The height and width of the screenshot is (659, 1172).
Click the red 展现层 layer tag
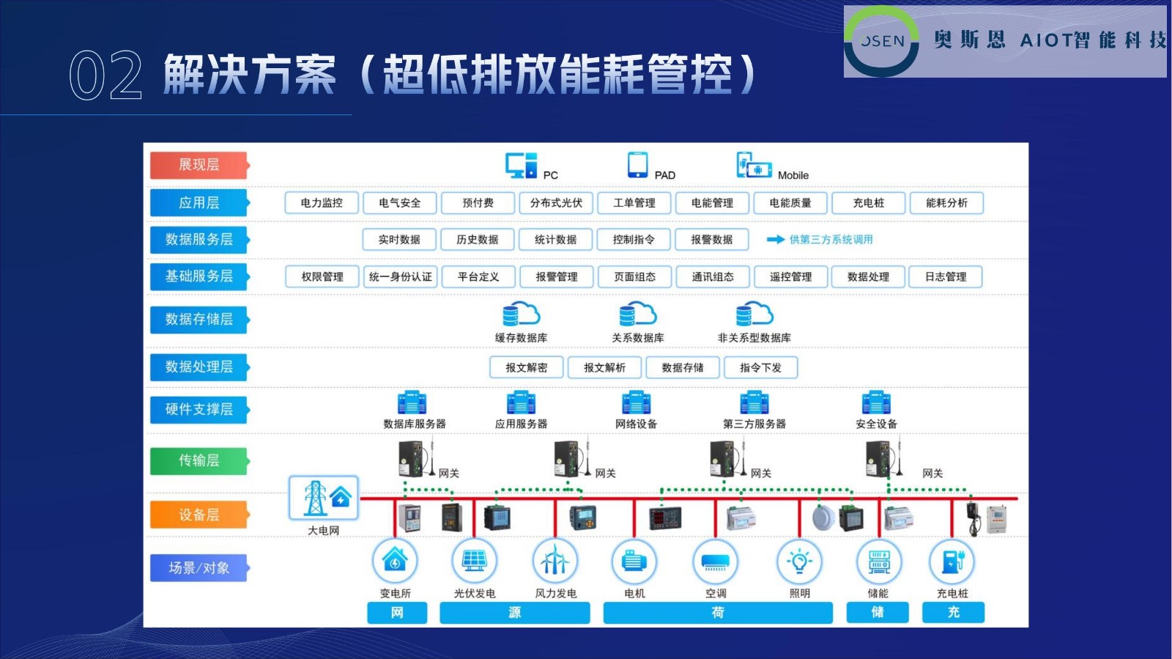coord(199,165)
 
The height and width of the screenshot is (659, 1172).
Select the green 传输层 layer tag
coord(199,460)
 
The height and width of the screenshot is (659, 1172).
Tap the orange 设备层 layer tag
coord(199,515)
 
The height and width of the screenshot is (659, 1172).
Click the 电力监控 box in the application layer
coord(322,203)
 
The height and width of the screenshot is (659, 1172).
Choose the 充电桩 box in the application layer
coord(869,203)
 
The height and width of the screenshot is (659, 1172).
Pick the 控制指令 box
coord(634,240)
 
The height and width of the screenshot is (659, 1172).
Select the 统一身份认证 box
coord(401,276)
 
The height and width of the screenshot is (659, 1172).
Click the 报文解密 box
coord(527,367)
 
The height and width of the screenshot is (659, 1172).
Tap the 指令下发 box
coord(760,367)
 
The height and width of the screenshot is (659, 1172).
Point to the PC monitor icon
coord(521,166)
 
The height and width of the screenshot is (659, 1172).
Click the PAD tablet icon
coord(637,165)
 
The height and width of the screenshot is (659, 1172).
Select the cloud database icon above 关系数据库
coord(637,314)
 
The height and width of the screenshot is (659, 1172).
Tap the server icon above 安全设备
coord(876,402)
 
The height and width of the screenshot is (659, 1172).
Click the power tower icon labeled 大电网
coord(324,498)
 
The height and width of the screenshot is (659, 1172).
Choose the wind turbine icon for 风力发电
coord(555,562)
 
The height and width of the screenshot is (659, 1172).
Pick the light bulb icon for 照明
coord(799,562)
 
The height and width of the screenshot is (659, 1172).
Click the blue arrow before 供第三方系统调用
coord(775,240)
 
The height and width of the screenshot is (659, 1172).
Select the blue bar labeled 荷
coord(718,612)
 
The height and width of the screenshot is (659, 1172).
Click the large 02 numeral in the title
coord(105,76)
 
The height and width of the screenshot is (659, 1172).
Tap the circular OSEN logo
coord(881,41)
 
